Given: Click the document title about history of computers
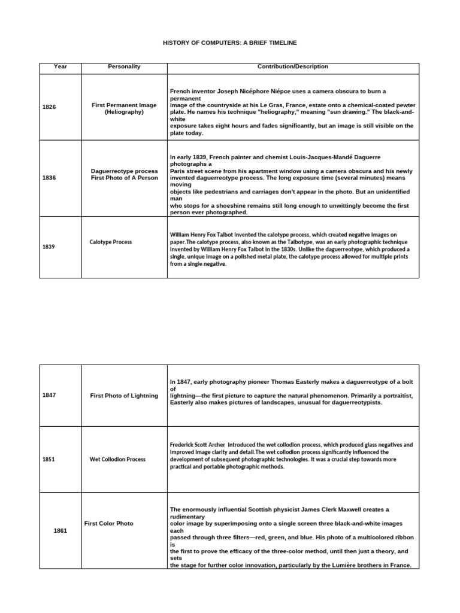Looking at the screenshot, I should click(x=229, y=43).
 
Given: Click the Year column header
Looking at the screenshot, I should click(x=60, y=67).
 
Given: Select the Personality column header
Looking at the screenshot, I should click(x=124, y=67).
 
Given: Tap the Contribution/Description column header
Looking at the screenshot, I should click(x=293, y=67).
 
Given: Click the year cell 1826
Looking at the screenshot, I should click(x=49, y=107).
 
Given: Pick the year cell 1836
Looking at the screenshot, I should click(x=49, y=178).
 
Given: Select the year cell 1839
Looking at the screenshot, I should click(x=49, y=247).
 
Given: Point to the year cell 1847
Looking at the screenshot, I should click(x=49, y=395).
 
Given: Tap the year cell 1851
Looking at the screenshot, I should click(x=49, y=459).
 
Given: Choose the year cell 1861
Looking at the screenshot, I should click(x=60, y=530).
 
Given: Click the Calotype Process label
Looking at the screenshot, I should click(x=111, y=242).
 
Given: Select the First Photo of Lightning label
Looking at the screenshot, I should click(x=124, y=396).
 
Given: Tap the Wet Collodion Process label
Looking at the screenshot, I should click(x=117, y=459).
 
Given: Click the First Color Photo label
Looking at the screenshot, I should click(x=108, y=523).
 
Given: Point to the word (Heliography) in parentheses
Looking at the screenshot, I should click(x=124, y=112).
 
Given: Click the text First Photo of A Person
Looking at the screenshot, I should click(x=124, y=178).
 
